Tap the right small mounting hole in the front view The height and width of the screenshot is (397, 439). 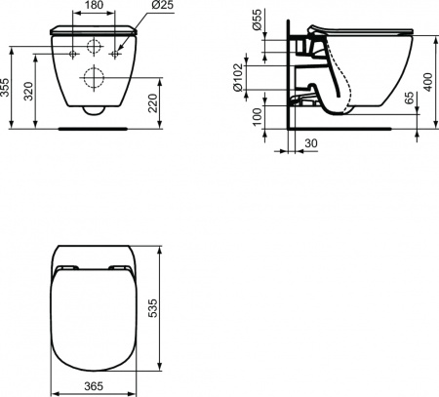115,55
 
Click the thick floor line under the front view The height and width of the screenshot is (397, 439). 94,126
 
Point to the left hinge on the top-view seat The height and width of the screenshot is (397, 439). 67,267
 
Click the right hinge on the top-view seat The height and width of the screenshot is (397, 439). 121,267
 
